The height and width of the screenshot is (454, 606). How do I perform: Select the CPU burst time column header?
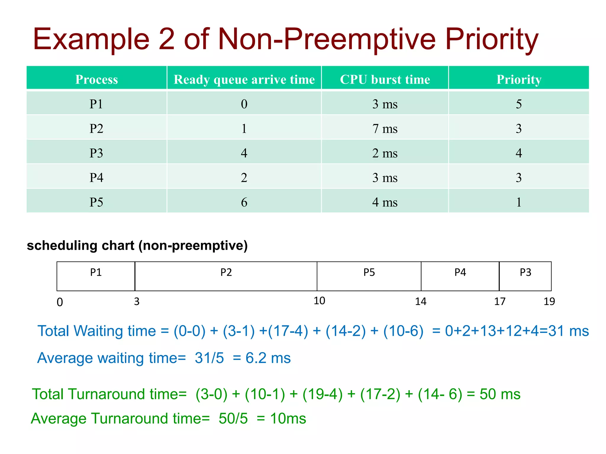(x=385, y=79)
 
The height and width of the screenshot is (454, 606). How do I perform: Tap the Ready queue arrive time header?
(x=244, y=79)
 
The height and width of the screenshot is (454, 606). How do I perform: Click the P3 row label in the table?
(x=96, y=153)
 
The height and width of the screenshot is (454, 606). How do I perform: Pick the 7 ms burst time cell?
(x=385, y=129)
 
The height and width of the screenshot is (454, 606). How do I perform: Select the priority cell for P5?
(x=518, y=202)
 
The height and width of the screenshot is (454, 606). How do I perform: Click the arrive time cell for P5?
(x=244, y=202)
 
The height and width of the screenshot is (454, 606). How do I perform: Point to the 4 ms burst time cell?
(x=385, y=202)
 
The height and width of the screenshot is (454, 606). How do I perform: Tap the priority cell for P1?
(x=518, y=104)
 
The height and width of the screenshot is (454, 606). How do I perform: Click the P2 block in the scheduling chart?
(x=226, y=276)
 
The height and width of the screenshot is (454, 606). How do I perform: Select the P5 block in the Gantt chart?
(x=369, y=276)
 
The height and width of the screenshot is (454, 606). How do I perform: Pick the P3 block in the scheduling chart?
(x=525, y=276)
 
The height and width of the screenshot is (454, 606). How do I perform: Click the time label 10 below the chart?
(x=319, y=301)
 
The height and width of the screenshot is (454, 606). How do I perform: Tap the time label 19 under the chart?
(x=549, y=301)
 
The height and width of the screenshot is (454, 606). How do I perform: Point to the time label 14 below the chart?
(x=420, y=301)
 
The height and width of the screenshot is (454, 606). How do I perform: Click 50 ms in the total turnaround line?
(x=500, y=394)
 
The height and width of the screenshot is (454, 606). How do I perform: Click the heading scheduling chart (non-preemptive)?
(x=137, y=246)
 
